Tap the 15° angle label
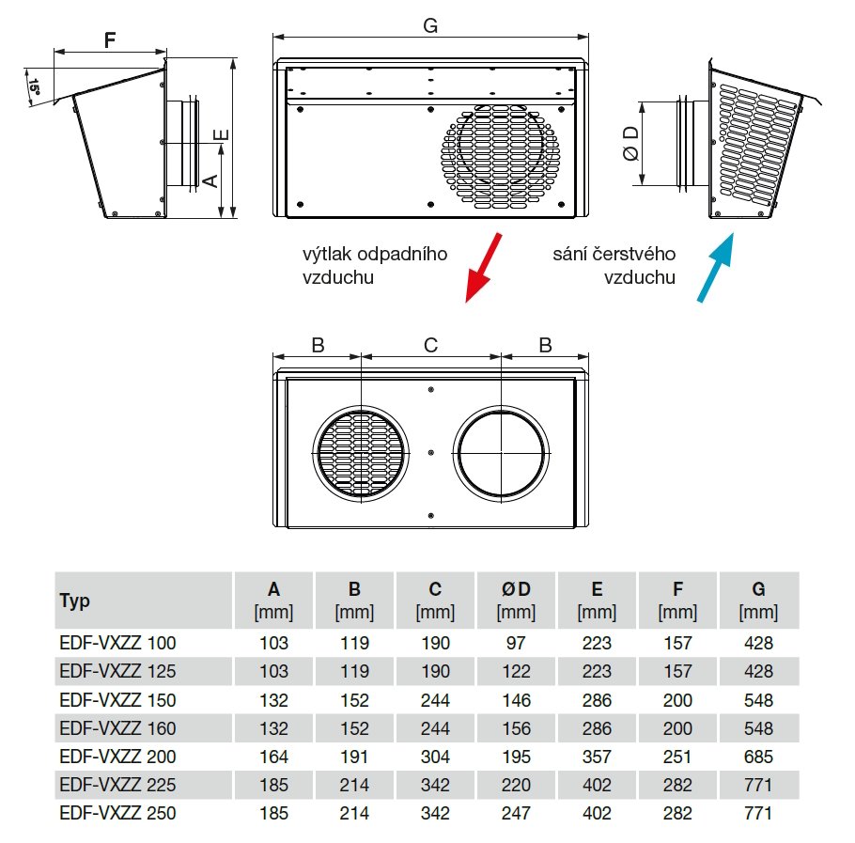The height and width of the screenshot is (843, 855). pos(35,88)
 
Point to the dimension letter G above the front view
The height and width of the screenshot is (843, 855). pos(430,26)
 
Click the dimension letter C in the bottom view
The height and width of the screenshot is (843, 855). pos(430,345)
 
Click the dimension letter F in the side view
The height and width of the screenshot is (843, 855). pos(110,40)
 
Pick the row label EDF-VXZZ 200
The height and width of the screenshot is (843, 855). pos(117,757)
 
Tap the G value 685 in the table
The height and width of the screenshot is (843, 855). pos(758,757)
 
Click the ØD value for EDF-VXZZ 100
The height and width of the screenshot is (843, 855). pos(517,644)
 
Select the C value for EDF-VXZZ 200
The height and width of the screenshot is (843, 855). pos(435,757)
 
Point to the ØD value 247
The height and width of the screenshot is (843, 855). pos(516,813)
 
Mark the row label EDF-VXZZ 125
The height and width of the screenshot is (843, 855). pos(117,672)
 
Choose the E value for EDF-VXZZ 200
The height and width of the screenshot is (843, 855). pos(597,757)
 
